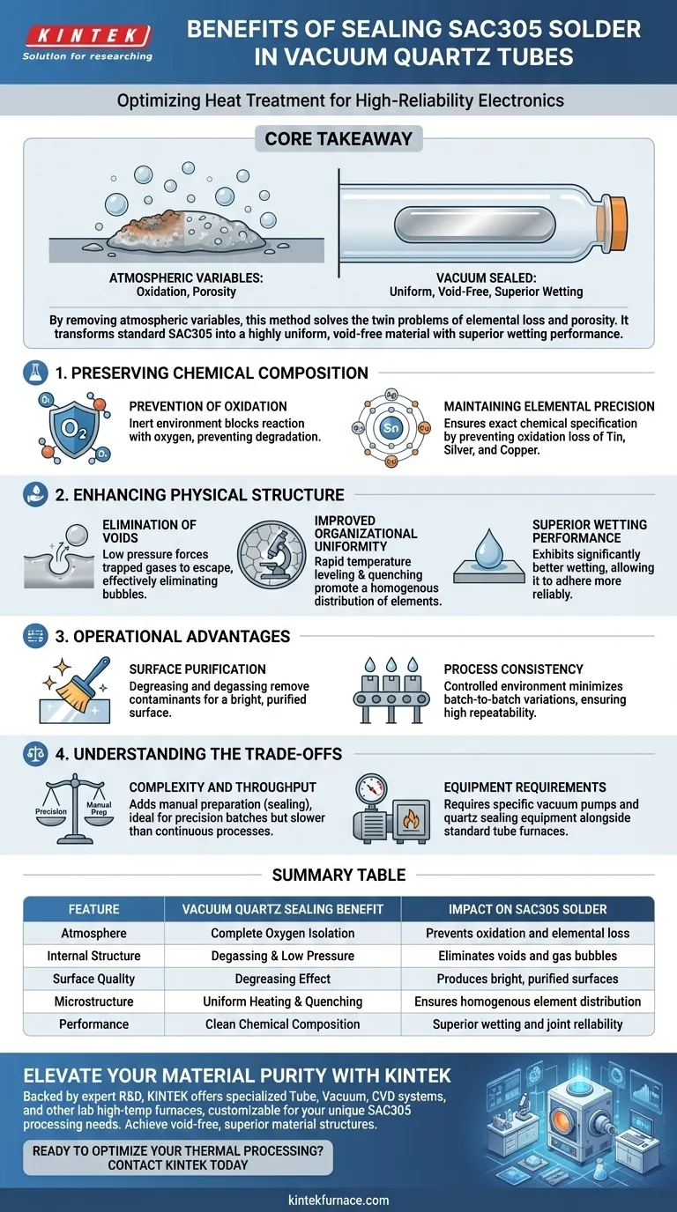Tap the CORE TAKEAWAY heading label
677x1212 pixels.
(338, 139)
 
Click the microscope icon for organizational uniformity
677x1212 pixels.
(274, 557)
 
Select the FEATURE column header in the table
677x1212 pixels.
(93, 909)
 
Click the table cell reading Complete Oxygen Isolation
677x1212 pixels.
(282, 933)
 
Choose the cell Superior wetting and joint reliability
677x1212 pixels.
(527, 1024)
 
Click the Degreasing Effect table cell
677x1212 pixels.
(282, 979)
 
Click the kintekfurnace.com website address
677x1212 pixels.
(338, 1200)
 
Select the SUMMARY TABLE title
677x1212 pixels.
(338, 875)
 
